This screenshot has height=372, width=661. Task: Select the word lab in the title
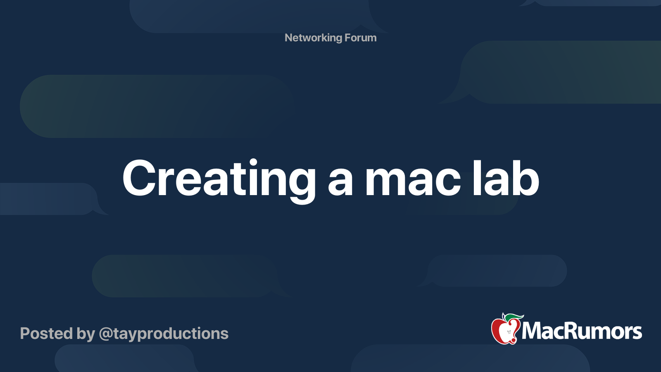(x=506, y=179)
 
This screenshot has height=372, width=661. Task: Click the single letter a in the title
(x=340, y=183)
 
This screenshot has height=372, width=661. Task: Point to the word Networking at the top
(x=313, y=38)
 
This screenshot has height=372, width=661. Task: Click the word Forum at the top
(x=360, y=38)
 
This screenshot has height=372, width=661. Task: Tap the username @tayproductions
(x=164, y=334)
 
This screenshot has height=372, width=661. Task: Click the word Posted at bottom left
(x=46, y=334)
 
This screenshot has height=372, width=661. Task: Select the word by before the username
(x=86, y=334)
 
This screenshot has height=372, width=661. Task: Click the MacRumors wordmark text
(x=582, y=331)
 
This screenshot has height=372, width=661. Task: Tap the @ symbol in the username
(x=106, y=334)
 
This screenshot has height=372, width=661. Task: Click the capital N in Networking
(x=289, y=38)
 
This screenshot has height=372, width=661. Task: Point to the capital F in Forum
(x=347, y=38)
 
